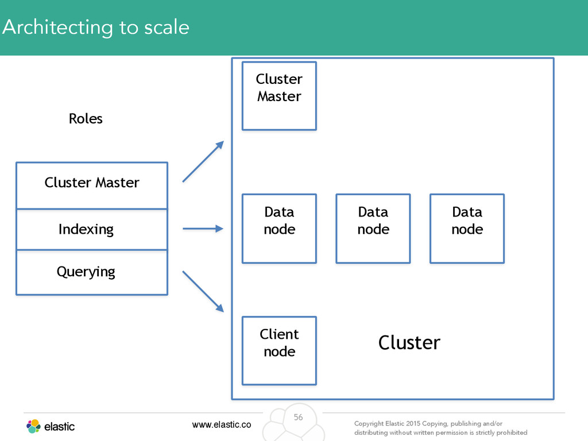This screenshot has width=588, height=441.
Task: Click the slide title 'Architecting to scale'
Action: point(96,28)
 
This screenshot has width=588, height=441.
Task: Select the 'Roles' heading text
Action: point(86,118)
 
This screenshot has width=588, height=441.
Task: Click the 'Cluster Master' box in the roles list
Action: point(92,185)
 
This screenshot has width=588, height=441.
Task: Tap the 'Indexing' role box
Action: point(92,229)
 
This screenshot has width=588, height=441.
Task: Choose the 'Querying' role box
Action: point(92,272)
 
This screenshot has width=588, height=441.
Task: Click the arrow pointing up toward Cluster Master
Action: point(203,161)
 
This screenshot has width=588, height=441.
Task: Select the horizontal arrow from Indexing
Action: point(203,229)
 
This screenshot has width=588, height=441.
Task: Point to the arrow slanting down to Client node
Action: point(203,291)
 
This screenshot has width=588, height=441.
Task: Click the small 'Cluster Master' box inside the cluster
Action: point(280,96)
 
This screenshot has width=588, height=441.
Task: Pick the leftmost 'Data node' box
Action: point(280,229)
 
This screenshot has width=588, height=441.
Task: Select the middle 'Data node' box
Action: point(373,229)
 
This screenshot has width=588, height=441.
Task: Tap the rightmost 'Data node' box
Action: point(467,229)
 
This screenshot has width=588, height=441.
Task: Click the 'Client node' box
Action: point(280,351)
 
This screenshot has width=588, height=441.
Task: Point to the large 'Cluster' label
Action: point(409,342)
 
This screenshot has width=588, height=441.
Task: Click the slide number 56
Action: point(298,417)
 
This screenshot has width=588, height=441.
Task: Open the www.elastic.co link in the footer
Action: point(222,424)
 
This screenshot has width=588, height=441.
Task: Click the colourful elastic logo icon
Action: point(33,427)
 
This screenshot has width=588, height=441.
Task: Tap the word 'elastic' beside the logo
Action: point(59,427)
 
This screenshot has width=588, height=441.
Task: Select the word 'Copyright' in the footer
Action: point(369,423)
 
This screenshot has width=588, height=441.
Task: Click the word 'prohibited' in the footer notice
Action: point(512,432)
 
